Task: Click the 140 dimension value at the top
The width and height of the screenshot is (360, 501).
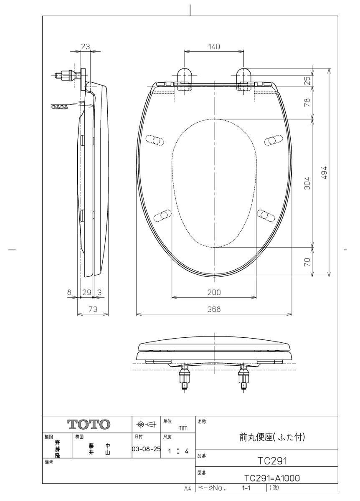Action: click(x=214, y=46)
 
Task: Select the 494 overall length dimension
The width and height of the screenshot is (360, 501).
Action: click(x=324, y=172)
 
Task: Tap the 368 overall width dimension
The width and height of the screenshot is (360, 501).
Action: click(x=214, y=309)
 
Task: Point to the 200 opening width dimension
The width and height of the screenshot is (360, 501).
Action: click(x=214, y=292)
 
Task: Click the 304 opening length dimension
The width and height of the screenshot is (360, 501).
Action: click(x=307, y=183)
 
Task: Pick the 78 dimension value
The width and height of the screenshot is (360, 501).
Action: click(x=307, y=102)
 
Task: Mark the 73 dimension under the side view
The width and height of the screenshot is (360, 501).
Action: click(x=93, y=309)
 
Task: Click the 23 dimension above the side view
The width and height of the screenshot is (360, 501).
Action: click(x=85, y=46)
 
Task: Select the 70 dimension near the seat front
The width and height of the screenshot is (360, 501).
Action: click(x=307, y=262)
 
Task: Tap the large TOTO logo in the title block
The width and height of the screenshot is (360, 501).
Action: click(x=89, y=424)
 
